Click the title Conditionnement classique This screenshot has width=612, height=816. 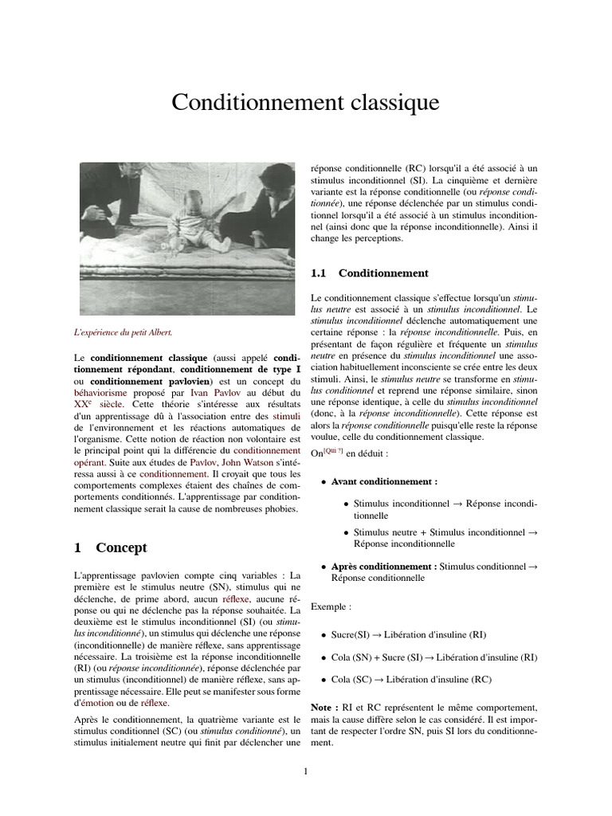(x=305, y=103)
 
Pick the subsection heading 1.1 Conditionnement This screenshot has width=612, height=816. (x=370, y=273)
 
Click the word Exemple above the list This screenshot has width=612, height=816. (x=331, y=606)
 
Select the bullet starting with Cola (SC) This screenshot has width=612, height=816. (x=411, y=680)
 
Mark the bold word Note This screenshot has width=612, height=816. (x=324, y=708)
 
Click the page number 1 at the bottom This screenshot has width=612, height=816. (x=306, y=771)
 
